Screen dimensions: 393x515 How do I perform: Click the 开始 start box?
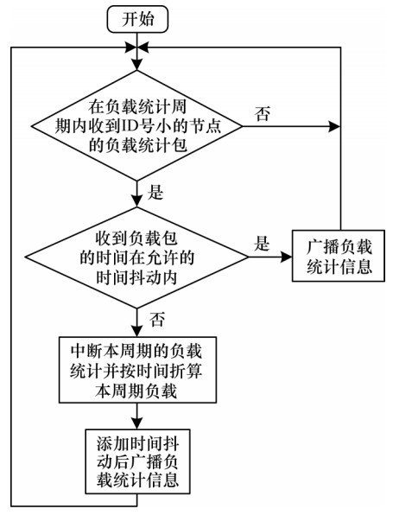click(137, 19)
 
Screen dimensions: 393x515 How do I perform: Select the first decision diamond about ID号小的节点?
click(137, 126)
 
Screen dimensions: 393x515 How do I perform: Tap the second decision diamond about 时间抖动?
click(137, 257)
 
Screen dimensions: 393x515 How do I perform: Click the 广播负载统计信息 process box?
click(339, 256)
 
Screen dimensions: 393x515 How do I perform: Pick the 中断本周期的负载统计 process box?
click(137, 370)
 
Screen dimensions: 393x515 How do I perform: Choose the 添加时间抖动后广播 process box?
click(137, 461)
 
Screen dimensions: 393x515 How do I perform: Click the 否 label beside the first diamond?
click(262, 113)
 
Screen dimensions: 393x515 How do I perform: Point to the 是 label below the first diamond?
click(155, 192)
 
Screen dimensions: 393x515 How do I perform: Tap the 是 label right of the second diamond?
click(262, 244)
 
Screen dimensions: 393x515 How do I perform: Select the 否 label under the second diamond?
click(157, 319)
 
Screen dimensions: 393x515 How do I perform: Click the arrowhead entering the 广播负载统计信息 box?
click(286, 257)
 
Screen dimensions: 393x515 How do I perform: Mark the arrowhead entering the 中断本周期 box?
click(137, 331)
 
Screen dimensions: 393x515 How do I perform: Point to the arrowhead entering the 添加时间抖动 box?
click(137, 423)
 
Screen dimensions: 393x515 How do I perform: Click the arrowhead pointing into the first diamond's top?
click(137, 65)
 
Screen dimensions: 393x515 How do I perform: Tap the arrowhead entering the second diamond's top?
click(137, 201)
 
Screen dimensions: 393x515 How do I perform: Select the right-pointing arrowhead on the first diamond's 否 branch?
click(334, 126)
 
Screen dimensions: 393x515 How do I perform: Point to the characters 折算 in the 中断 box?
click(187, 372)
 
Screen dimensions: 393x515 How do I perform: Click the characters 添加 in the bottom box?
click(112, 444)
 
